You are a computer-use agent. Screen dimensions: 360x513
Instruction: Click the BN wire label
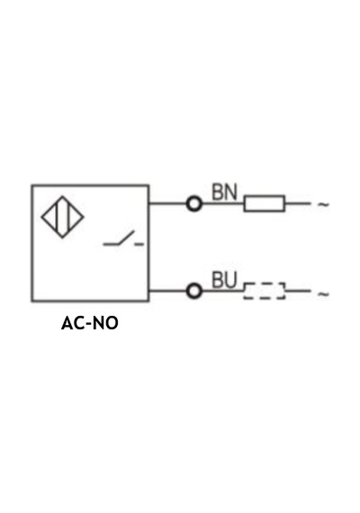pyautogui.click(x=224, y=192)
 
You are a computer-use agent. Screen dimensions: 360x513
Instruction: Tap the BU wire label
pyautogui.click(x=224, y=280)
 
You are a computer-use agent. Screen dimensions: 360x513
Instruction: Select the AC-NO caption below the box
pyautogui.click(x=90, y=323)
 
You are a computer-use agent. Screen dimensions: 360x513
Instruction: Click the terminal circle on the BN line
pyautogui.click(x=194, y=203)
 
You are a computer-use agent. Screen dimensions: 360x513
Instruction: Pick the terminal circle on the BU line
pyautogui.click(x=194, y=291)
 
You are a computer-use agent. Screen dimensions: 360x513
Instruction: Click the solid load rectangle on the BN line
pyautogui.click(x=264, y=203)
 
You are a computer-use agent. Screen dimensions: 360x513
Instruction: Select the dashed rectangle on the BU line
pyautogui.click(x=264, y=291)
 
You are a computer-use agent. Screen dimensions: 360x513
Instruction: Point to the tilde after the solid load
pyautogui.click(x=323, y=205)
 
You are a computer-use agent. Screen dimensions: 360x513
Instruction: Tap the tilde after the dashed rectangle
pyautogui.click(x=323, y=294)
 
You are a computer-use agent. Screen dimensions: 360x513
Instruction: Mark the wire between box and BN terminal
pyautogui.click(x=167, y=203)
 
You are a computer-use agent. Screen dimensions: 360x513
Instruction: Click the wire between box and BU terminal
pyautogui.click(x=167, y=291)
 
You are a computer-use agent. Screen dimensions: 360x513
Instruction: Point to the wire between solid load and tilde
pyautogui.click(x=298, y=203)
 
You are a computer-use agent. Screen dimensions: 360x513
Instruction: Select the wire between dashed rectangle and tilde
pyautogui.click(x=298, y=291)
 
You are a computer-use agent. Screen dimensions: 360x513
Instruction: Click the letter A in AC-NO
pyautogui.click(x=67, y=323)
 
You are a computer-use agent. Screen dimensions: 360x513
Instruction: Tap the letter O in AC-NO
pyautogui.click(x=112, y=323)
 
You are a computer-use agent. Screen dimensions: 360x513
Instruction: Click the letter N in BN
pyautogui.click(x=230, y=192)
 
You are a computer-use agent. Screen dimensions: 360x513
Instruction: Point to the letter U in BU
pyautogui.click(x=230, y=281)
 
